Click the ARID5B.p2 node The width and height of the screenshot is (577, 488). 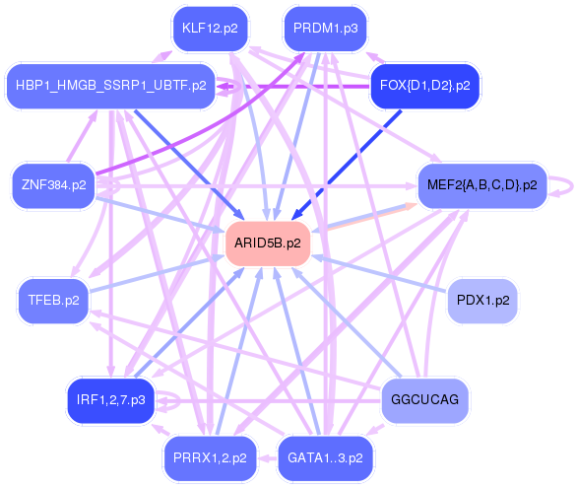268,244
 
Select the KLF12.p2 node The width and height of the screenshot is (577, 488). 210,29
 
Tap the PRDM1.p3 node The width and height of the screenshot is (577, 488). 326,29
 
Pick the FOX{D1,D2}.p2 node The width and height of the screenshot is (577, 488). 425,86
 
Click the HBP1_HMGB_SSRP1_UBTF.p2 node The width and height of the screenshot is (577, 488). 110,86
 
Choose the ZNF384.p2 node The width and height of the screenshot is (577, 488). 54,185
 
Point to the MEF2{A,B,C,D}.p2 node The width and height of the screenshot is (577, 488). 482,185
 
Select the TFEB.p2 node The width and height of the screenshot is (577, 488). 54,301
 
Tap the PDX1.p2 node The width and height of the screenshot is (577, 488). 482,301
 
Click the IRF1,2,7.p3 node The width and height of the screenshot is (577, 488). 110,400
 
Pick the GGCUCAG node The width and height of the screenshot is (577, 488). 425,400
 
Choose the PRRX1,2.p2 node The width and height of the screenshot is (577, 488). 210,458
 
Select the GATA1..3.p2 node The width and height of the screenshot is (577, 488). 326,458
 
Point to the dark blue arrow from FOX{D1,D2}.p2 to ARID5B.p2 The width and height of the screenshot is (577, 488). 347,165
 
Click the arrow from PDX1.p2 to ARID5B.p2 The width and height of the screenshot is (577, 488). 380,274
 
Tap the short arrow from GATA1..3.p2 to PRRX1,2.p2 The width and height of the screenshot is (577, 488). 267,458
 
